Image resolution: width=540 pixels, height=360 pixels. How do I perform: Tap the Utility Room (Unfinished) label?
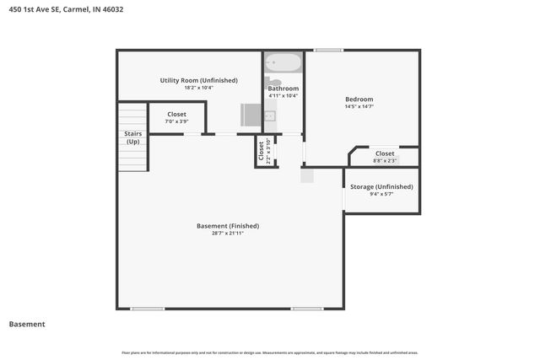pyautogui.click(x=198, y=80)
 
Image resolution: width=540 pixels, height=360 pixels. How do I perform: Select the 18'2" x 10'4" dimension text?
pyautogui.click(x=198, y=88)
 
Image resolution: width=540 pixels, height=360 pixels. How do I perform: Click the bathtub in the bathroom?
pyautogui.click(x=282, y=63)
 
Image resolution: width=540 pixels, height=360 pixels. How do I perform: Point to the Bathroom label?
pyautogui.click(x=283, y=89)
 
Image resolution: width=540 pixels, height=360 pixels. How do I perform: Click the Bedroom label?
pyautogui.click(x=359, y=99)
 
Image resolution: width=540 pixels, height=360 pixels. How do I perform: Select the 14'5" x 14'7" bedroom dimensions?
pyautogui.click(x=359, y=106)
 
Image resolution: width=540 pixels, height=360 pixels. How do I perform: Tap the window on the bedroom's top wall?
pyautogui.click(x=327, y=51)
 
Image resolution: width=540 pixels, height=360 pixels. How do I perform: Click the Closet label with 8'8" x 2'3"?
pyautogui.click(x=385, y=153)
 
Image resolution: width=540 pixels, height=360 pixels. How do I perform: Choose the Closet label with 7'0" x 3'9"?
pyautogui.click(x=176, y=114)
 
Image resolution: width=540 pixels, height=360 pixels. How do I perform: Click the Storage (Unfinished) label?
pyautogui.click(x=381, y=186)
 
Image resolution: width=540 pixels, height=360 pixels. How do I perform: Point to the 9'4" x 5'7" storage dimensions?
pyautogui.click(x=381, y=194)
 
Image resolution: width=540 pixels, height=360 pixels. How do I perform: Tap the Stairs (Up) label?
pyautogui.click(x=133, y=137)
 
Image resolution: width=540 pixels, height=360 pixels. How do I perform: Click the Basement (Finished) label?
pyautogui.click(x=228, y=225)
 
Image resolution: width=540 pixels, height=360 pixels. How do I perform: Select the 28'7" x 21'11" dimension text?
pyautogui.click(x=228, y=234)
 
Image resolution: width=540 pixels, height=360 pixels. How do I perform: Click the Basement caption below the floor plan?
pyautogui.click(x=27, y=324)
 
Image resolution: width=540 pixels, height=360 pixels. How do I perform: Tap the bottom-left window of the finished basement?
pyautogui.click(x=148, y=309)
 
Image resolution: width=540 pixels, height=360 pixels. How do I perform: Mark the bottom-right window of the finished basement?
pyautogui.click(x=308, y=309)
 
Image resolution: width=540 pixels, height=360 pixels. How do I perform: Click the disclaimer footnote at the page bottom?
pyautogui.click(x=270, y=352)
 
